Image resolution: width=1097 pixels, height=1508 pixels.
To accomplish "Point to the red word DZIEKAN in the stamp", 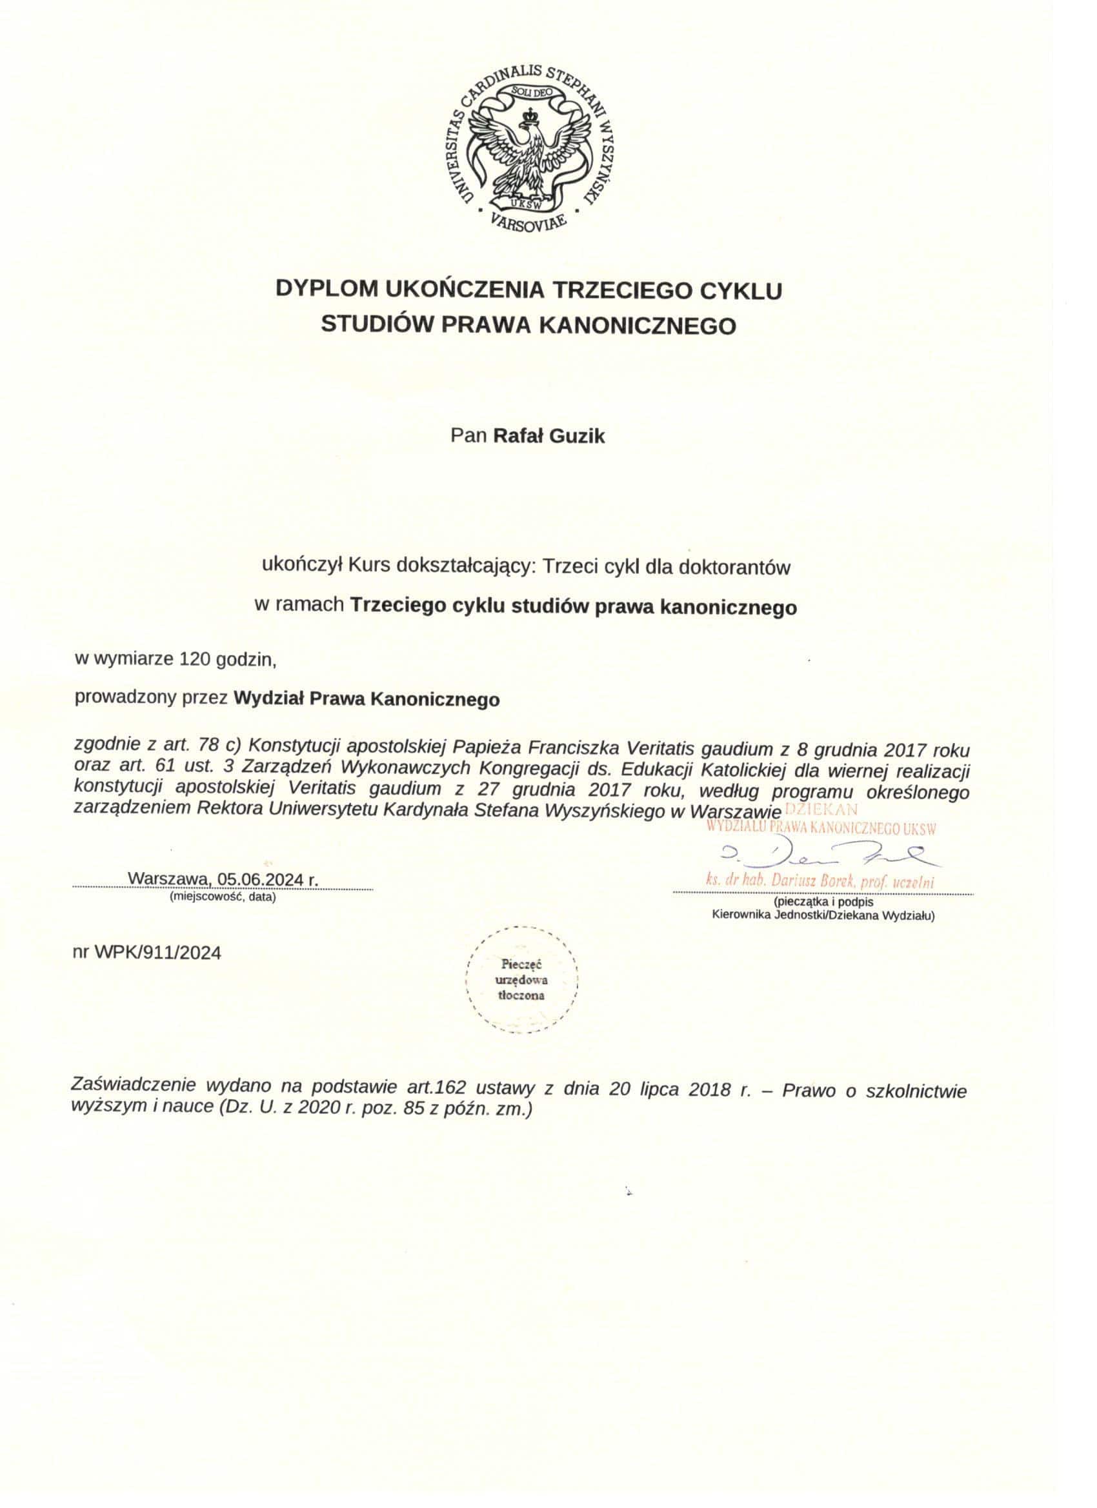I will tap(821, 810).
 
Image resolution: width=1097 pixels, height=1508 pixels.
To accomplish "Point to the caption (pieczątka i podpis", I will tap(823, 903).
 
